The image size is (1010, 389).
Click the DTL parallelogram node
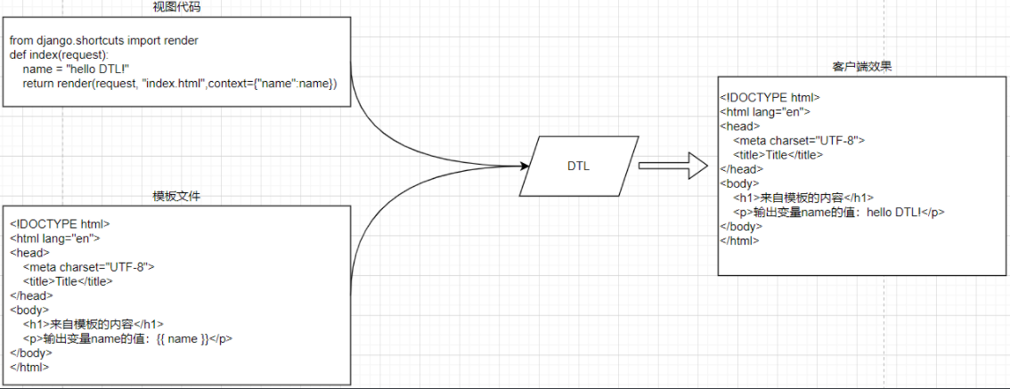(x=578, y=166)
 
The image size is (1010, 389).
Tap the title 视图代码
(x=175, y=7)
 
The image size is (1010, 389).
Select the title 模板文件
(x=175, y=196)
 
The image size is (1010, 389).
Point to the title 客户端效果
(x=862, y=67)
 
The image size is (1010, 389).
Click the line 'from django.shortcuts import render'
(x=104, y=41)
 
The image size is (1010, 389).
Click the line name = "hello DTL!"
(x=77, y=69)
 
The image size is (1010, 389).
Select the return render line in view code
(x=181, y=84)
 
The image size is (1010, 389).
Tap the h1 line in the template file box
(x=94, y=324)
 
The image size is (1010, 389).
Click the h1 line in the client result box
(x=802, y=198)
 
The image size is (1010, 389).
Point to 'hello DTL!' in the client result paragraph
(x=896, y=212)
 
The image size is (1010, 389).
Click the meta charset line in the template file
(x=89, y=267)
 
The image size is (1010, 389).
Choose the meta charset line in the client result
(x=799, y=140)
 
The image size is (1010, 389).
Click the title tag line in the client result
(x=778, y=154)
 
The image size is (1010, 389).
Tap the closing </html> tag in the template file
(x=29, y=367)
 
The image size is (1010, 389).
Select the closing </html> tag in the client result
(x=739, y=240)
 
